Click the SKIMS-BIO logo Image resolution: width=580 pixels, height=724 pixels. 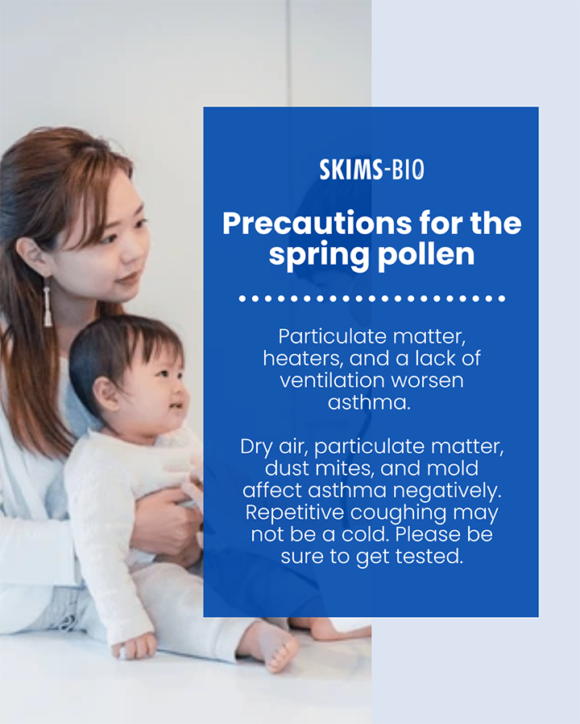[371, 170]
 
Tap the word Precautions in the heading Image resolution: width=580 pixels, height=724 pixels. [317, 224]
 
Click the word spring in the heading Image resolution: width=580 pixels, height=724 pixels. [319, 255]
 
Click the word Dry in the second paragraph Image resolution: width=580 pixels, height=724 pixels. [256, 447]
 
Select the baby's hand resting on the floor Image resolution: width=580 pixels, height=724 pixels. [135, 644]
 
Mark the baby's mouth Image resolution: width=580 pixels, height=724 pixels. [176, 407]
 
